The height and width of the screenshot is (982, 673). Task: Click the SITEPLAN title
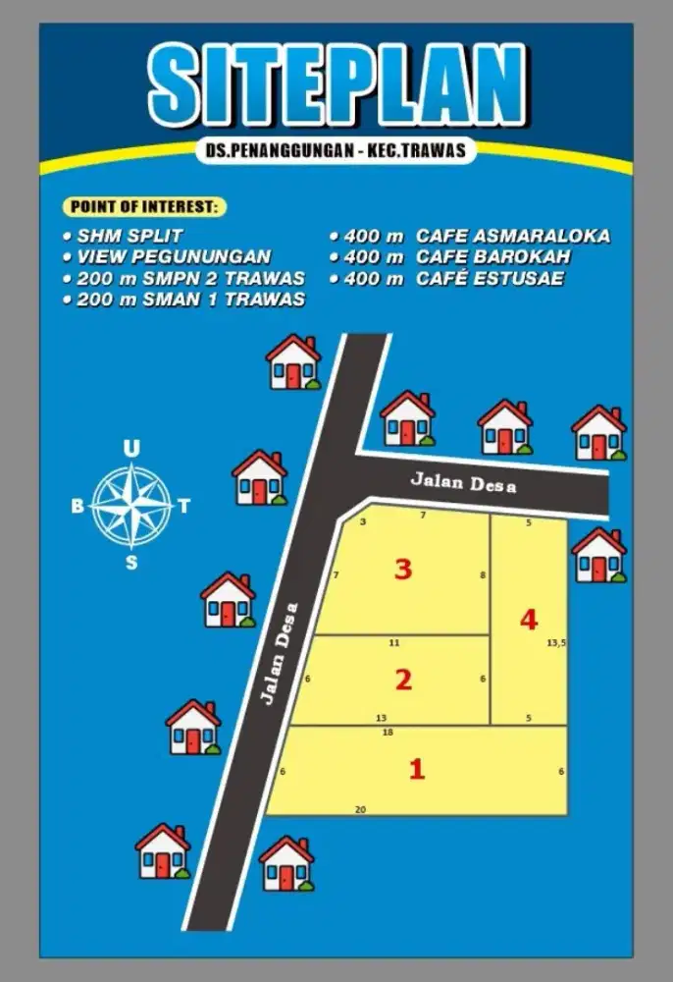(x=336, y=85)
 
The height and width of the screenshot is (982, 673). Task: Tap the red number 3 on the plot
(x=402, y=570)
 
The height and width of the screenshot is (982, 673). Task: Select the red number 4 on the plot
(x=529, y=620)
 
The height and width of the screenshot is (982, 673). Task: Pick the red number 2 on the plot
(x=402, y=680)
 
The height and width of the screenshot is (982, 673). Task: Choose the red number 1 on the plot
(x=417, y=769)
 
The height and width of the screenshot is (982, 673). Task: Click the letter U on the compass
(x=130, y=449)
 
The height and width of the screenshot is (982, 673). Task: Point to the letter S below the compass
(x=131, y=563)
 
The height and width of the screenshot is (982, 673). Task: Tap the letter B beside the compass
(x=78, y=507)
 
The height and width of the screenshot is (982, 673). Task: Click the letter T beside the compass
(x=184, y=507)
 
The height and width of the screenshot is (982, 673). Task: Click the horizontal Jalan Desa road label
(x=462, y=483)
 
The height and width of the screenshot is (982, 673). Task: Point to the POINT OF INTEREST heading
(x=144, y=207)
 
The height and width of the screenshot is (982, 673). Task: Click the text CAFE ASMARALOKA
(x=512, y=236)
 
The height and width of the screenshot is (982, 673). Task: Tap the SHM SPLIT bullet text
(x=129, y=237)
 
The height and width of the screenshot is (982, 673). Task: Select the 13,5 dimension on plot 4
(x=556, y=643)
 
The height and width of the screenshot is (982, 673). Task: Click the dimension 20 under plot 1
(x=360, y=809)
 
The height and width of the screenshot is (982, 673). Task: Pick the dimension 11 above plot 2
(x=394, y=643)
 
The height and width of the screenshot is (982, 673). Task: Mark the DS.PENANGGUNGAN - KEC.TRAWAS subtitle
(x=336, y=152)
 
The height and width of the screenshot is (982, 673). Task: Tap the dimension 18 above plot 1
(x=388, y=733)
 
